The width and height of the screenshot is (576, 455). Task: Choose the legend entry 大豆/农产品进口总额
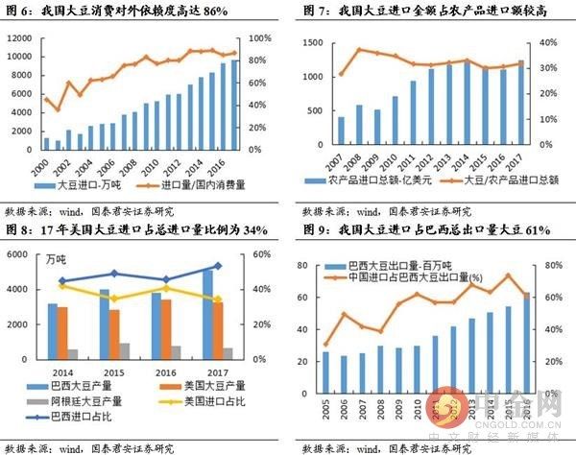click(503, 180)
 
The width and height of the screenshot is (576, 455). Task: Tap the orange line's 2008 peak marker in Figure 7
click(361, 50)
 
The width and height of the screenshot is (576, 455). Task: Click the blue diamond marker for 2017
click(219, 266)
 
